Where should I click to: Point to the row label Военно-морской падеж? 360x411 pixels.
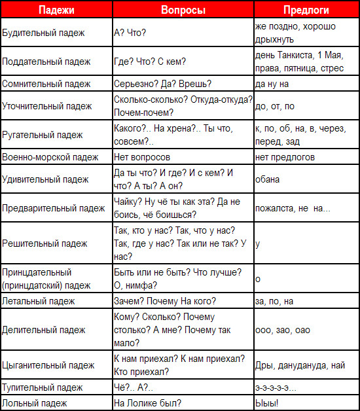pyautogui.click(x=51, y=158)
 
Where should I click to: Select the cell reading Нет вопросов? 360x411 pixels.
pyautogui.click(x=142, y=158)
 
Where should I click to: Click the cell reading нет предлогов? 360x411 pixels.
pyautogui.click(x=285, y=158)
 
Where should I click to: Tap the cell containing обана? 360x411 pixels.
pyautogui.click(x=268, y=179)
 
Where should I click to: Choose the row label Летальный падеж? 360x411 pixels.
pyautogui.click(x=39, y=301)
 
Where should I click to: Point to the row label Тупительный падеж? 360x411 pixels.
pyautogui.click(x=42, y=388)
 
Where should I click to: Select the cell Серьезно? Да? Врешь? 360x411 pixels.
pyautogui.click(x=158, y=84)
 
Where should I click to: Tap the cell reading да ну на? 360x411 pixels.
pyautogui.click(x=272, y=84)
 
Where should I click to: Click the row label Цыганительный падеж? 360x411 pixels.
pyautogui.click(x=48, y=365)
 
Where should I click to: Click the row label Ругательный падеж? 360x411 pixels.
pyautogui.click(x=43, y=135)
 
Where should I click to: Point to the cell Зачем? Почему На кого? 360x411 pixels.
pyautogui.click(x=164, y=301)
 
